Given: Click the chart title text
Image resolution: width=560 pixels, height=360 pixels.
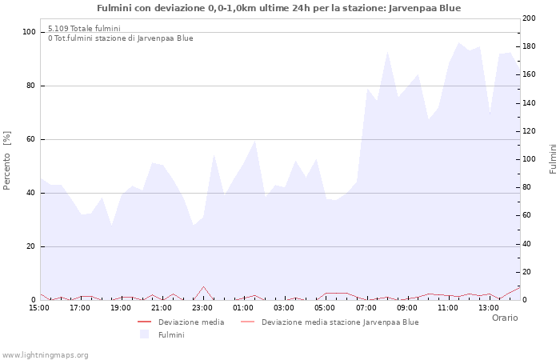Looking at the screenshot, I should tap(278, 8).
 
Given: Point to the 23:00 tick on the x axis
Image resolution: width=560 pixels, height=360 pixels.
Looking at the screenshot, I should tap(202, 307).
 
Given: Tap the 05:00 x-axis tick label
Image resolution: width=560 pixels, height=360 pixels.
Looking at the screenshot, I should tap(325, 307).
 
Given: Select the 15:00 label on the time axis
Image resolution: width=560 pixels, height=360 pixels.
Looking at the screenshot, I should tap(39, 307).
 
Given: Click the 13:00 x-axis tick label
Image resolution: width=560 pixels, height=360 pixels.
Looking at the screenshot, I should tap(488, 307).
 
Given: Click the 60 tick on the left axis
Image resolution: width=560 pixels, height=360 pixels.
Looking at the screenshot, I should tap(31, 139).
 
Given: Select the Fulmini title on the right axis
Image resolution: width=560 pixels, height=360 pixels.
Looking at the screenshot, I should tap(553, 159).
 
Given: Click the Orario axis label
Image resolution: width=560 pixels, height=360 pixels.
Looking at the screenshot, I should tap(505, 318).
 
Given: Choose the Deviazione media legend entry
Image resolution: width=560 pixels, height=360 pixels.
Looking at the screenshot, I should tap(190, 322).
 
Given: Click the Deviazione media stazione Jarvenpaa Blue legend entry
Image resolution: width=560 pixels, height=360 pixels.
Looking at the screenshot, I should tap(339, 322).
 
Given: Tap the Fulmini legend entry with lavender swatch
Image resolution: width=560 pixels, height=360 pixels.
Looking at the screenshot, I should tap(171, 334).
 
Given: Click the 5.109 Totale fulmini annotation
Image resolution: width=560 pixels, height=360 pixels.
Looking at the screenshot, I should tap(84, 29).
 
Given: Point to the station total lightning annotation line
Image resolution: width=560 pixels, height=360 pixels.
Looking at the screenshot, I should tap(120, 38).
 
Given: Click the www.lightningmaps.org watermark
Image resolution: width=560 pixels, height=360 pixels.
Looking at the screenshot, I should tap(45, 355).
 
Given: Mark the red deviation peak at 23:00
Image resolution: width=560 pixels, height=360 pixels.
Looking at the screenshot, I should tap(203, 286).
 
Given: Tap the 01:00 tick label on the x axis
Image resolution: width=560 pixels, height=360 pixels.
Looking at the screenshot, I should tap(243, 307).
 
